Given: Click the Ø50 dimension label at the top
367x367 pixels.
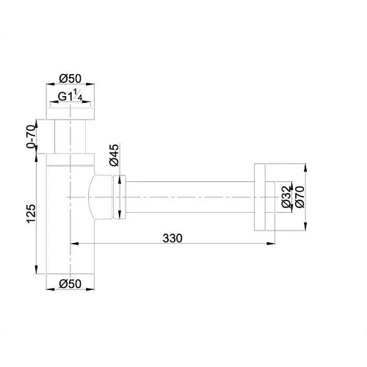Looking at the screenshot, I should [x=70, y=79].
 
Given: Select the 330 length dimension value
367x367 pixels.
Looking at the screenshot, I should [x=172, y=239].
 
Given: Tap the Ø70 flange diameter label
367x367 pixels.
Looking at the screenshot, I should [x=299, y=198].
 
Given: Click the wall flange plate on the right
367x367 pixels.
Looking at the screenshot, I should [x=259, y=197].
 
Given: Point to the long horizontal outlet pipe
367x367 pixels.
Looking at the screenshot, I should [x=191, y=197].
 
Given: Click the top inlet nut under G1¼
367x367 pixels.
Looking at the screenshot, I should [x=70, y=112].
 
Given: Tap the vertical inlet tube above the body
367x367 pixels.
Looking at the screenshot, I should [x=70, y=136].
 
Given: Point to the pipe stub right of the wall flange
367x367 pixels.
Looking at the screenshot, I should [x=271, y=197].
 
